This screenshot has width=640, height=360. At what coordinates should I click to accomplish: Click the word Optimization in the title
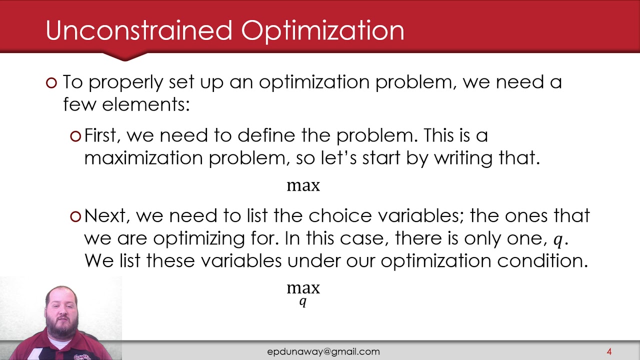pos(322,31)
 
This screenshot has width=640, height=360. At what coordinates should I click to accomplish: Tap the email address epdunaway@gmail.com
pos(323,351)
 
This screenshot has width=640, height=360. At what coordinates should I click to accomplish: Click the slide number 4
pos(609,351)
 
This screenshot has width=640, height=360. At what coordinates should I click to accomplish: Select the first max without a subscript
pos(303,186)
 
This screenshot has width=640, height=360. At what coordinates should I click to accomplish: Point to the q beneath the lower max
pos(302,301)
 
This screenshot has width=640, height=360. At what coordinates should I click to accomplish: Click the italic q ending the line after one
pos(557,239)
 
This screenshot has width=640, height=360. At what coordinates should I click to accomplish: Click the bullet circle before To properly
pos(51,83)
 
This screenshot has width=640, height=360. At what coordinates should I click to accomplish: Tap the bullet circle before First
pos(75,136)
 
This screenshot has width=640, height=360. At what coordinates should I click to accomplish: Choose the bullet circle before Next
pos(75,216)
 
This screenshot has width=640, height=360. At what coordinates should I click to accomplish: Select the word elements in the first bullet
pos(145,104)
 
